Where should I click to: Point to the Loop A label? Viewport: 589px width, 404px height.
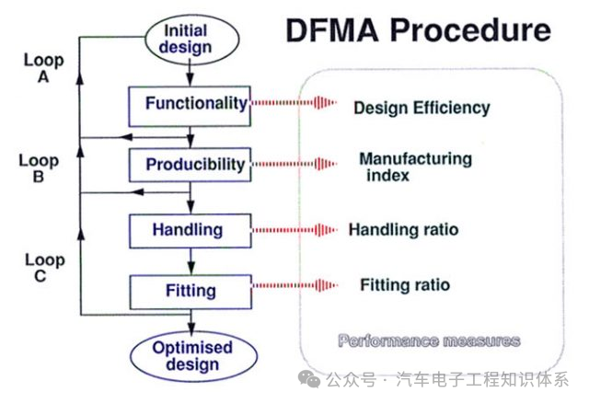pyautogui.click(x=43, y=68)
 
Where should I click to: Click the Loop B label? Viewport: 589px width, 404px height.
pyautogui.click(x=39, y=168)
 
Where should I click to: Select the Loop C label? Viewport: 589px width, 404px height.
pyautogui.click(x=45, y=267)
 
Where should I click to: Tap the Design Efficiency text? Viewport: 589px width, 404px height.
pyautogui.click(x=422, y=108)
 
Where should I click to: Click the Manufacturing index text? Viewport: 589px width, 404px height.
pyautogui.click(x=415, y=167)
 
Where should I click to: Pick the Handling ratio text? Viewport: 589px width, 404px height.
pyautogui.click(x=403, y=229)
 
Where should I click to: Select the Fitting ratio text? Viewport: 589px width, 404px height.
pyautogui.click(x=405, y=284)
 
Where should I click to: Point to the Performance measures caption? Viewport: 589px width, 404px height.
pyautogui.click(x=429, y=341)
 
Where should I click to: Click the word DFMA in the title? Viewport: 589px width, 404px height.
pyautogui.click(x=332, y=30)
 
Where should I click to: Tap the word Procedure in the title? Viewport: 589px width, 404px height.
pyautogui.click(x=470, y=30)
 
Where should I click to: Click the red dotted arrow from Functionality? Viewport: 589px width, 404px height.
pyautogui.click(x=294, y=102)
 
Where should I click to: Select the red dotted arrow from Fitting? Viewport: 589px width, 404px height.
pyautogui.click(x=294, y=285)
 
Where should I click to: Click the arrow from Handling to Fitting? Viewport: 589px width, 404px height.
pyautogui.click(x=191, y=261)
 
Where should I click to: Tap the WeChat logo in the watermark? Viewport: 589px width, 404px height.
pyautogui.click(x=309, y=378)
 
